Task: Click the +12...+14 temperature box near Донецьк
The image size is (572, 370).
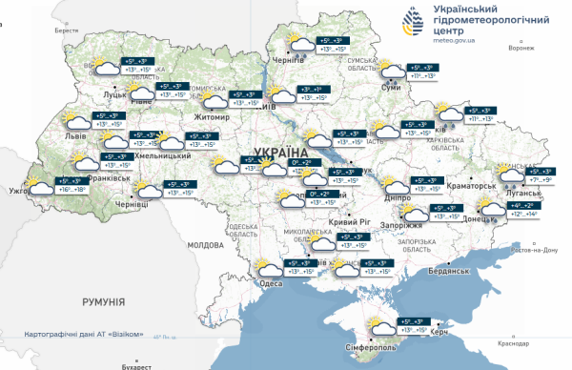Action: (x=522, y=215)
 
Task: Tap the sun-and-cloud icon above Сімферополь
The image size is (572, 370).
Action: (x=382, y=330)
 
